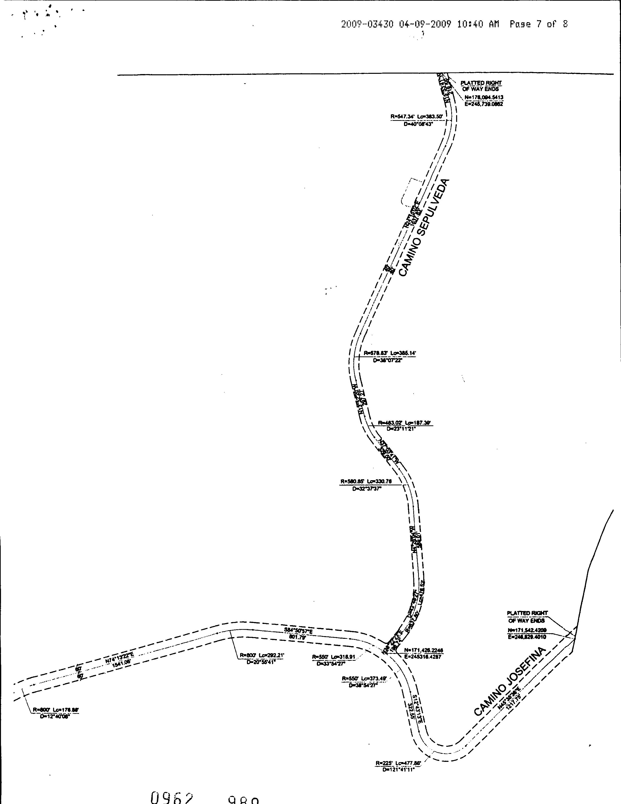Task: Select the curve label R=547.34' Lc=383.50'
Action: (418, 117)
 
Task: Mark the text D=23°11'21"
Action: (401, 429)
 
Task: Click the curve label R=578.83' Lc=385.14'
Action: (390, 353)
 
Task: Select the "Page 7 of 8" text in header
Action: (539, 24)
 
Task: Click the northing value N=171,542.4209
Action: (527, 630)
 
